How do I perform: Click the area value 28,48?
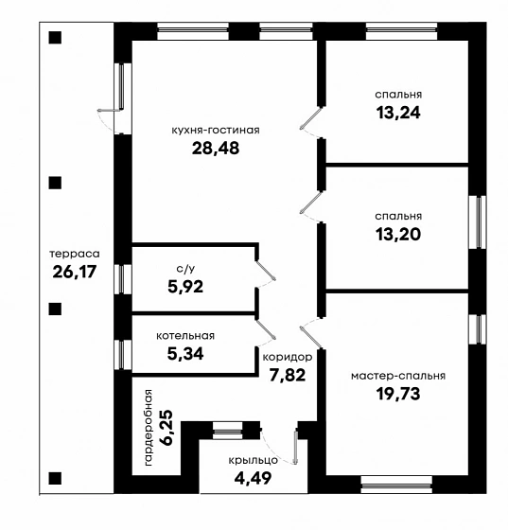tap(216, 148)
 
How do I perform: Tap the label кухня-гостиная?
tap(216, 131)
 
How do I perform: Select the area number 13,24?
tap(398, 113)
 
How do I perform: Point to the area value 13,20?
tap(398, 234)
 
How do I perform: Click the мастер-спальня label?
tap(398, 376)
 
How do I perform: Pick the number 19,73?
tap(398, 394)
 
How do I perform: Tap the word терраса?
tap(75, 254)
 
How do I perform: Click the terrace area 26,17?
tap(75, 272)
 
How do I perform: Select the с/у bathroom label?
tap(185, 269)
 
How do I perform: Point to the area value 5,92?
tap(185, 287)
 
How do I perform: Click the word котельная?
tap(185, 336)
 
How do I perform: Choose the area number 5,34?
tap(185, 354)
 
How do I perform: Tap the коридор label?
tap(288, 358)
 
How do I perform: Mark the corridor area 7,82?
tap(288, 375)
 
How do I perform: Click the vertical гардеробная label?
tap(149, 428)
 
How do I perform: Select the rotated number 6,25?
tap(167, 428)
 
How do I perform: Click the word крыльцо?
tap(253, 460)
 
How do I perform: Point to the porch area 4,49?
tap(253, 478)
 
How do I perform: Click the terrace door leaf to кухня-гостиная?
tap(109, 110)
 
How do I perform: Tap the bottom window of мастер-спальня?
tap(396, 485)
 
